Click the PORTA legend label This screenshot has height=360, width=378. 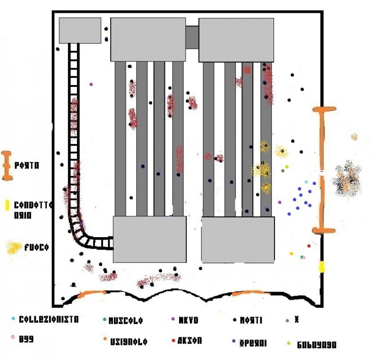tap(27, 166)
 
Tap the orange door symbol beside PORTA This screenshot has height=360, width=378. tap(7, 166)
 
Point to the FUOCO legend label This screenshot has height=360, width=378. tap(37, 247)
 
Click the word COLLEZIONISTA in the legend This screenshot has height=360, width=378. tap(48, 319)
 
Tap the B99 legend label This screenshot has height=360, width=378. tap(26, 339)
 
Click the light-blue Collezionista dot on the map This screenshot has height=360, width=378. tap(306, 182)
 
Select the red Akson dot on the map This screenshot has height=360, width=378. tap(309, 246)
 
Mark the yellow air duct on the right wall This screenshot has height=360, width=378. tap(322, 266)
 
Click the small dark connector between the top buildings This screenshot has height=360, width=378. tap(192, 37)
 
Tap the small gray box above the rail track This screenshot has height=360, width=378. tap(80, 30)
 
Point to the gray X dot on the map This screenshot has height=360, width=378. tap(283, 171)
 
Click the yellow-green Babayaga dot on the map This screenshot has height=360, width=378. tap(287, 166)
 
